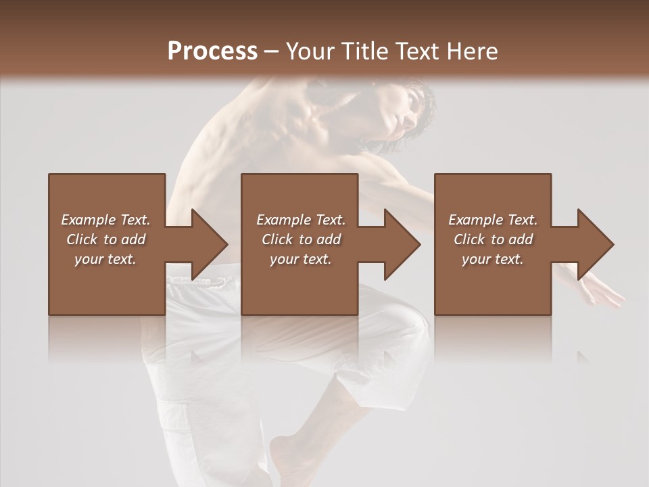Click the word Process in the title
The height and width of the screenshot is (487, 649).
(x=212, y=51)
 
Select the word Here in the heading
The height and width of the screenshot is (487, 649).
(x=473, y=51)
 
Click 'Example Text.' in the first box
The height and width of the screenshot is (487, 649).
(x=105, y=220)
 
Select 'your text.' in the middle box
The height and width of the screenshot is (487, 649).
(x=300, y=259)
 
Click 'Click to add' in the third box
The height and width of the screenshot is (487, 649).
(x=493, y=239)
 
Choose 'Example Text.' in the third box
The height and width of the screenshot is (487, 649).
(x=493, y=220)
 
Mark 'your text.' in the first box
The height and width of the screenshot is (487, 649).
(x=105, y=259)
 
